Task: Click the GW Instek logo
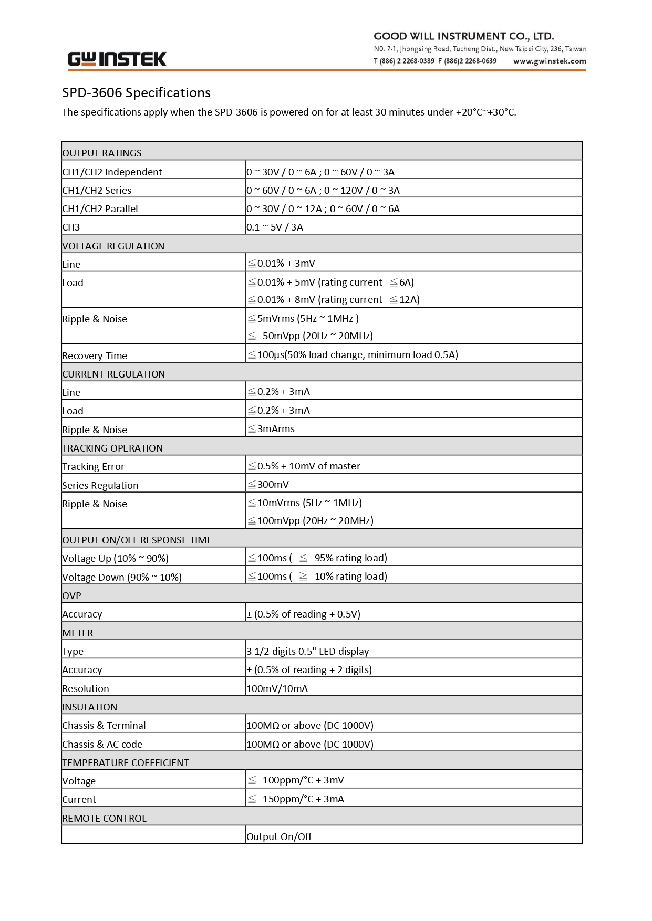coord(117,59)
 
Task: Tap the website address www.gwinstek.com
coord(549,61)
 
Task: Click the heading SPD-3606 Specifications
coord(136,93)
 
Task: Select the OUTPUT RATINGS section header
coord(102,153)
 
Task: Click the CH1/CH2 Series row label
coord(97,191)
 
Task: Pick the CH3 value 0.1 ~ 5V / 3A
coord(275,227)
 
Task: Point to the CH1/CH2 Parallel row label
coord(100,209)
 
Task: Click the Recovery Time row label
coord(95,356)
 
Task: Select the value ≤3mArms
coord(271,429)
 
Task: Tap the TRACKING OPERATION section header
coord(112,448)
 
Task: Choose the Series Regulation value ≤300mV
coord(268,485)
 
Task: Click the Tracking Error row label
coord(93,467)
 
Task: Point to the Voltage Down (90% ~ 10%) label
coord(122,578)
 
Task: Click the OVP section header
coord(71,596)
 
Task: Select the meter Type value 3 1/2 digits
coord(307,652)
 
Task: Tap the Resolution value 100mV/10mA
coord(277,689)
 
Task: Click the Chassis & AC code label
coord(102,745)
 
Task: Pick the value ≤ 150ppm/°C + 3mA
coord(296,799)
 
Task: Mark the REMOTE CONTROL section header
coord(104,819)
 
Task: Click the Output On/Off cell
coord(279,837)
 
